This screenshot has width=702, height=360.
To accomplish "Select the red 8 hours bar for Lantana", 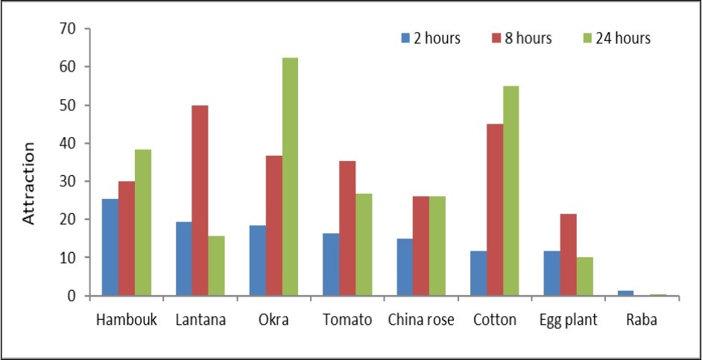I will pyautogui.click(x=200, y=200).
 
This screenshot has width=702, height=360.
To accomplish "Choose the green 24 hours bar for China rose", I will pyautogui.click(x=437, y=246).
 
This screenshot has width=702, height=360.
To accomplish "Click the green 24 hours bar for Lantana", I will pyautogui.click(x=216, y=266).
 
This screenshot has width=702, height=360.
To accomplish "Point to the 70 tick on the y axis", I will pyautogui.click(x=69, y=29).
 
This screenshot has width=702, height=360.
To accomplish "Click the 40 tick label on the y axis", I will pyautogui.click(x=69, y=143).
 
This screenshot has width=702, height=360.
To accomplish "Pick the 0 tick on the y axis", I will pyautogui.click(x=73, y=296).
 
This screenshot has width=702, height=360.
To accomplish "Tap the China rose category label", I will pyautogui.click(x=421, y=320).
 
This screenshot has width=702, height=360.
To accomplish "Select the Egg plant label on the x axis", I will pyautogui.click(x=569, y=320).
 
